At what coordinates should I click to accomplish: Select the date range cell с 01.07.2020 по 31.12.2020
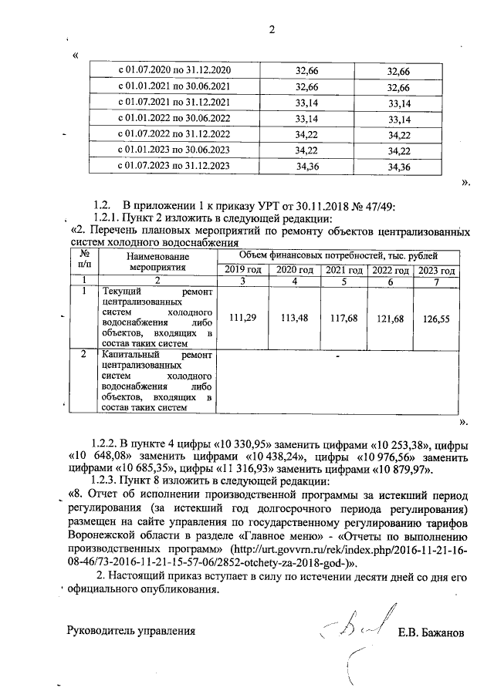pos(173,70)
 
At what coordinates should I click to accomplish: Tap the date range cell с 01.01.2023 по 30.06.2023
pos(173,150)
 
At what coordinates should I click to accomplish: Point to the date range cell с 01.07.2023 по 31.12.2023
pos(173,166)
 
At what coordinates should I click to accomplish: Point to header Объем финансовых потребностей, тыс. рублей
pos(337,255)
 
